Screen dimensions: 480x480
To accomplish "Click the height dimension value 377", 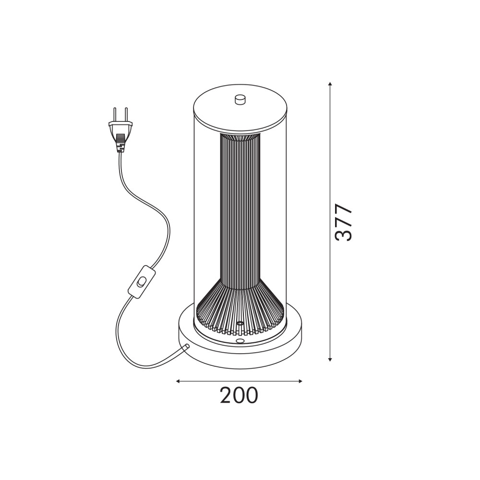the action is (344, 223).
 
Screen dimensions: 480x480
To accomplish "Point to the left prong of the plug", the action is (115, 115).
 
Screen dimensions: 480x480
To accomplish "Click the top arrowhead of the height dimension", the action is (330, 84).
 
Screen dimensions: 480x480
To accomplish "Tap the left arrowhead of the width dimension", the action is (178, 381).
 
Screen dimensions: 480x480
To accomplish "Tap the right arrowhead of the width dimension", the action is (300, 381).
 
